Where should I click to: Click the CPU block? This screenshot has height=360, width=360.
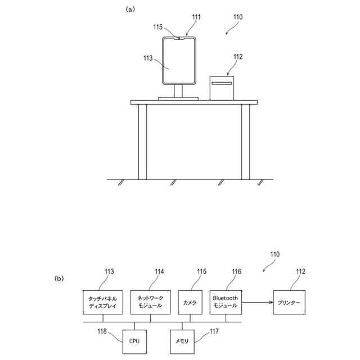point(134,341)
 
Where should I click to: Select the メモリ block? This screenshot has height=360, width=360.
point(182,341)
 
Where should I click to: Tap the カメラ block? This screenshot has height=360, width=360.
point(190,303)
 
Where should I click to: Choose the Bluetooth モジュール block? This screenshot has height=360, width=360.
point(226,302)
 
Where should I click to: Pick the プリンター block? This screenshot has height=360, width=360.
point(289,303)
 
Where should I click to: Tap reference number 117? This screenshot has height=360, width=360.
point(214,332)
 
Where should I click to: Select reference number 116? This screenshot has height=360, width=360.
point(236,271)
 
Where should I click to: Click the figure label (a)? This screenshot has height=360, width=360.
point(130,9)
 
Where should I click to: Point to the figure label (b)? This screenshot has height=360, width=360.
point(59,278)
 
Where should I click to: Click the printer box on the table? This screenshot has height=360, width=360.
point(222,88)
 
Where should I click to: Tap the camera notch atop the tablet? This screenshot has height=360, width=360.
point(178,38)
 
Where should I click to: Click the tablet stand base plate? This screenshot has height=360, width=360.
point(178,98)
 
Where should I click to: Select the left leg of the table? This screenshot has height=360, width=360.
point(142,141)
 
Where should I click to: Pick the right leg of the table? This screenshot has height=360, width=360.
point(245,141)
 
